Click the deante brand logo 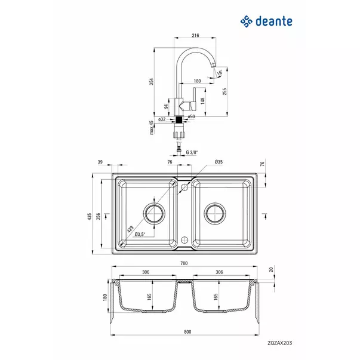(x=267, y=22)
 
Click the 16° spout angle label (x=220, y=72)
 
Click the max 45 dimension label (x=152, y=127)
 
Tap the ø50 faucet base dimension (x=192, y=116)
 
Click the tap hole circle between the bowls (x=184, y=187)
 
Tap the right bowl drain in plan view (x=214, y=211)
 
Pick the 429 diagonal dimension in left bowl (x=130, y=227)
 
